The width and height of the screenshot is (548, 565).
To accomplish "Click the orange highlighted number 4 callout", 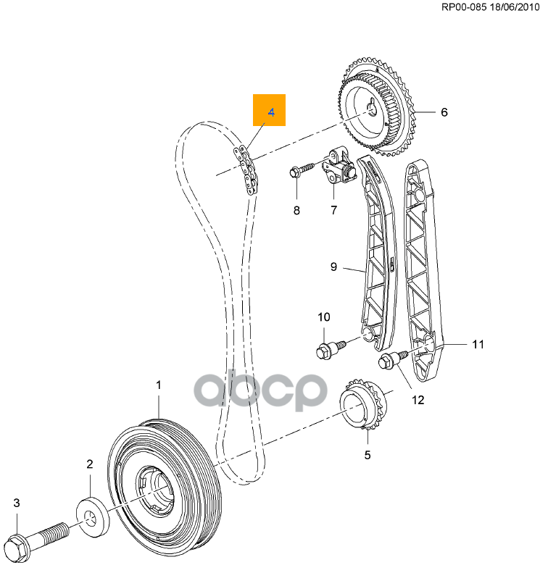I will pyautogui.click(x=269, y=112).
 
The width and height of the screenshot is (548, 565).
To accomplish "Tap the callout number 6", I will pyautogui.click(x=444, y=112).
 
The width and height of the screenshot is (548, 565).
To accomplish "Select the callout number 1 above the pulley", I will pyautogui.click(x=159, y=385).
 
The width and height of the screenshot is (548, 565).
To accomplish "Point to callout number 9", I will pyautogui.click(x=333, y=267).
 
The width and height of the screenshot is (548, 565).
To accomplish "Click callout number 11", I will pyautogui.click(x=478, y=345).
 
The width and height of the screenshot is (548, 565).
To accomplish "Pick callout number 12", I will pyautogui.click(x=418, y=398).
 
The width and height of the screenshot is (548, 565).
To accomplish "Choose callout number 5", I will pyautogui.click(x=367, y=455).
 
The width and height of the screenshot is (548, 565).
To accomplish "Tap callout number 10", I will pyautogui.click(x=323, y=317).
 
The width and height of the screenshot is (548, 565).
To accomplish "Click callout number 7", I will pyautogui.click(x=333, y=211).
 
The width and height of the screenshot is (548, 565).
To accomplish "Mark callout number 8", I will pyautogui.click(x=296, y=211).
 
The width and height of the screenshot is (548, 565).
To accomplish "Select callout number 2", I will pyautogui.click(x=90, y=464).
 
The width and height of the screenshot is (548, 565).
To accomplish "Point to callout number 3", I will pyautogui.click(x=17, y=503).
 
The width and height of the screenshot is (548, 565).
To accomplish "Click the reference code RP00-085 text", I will pyautogui.click(x=449, y=8).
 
